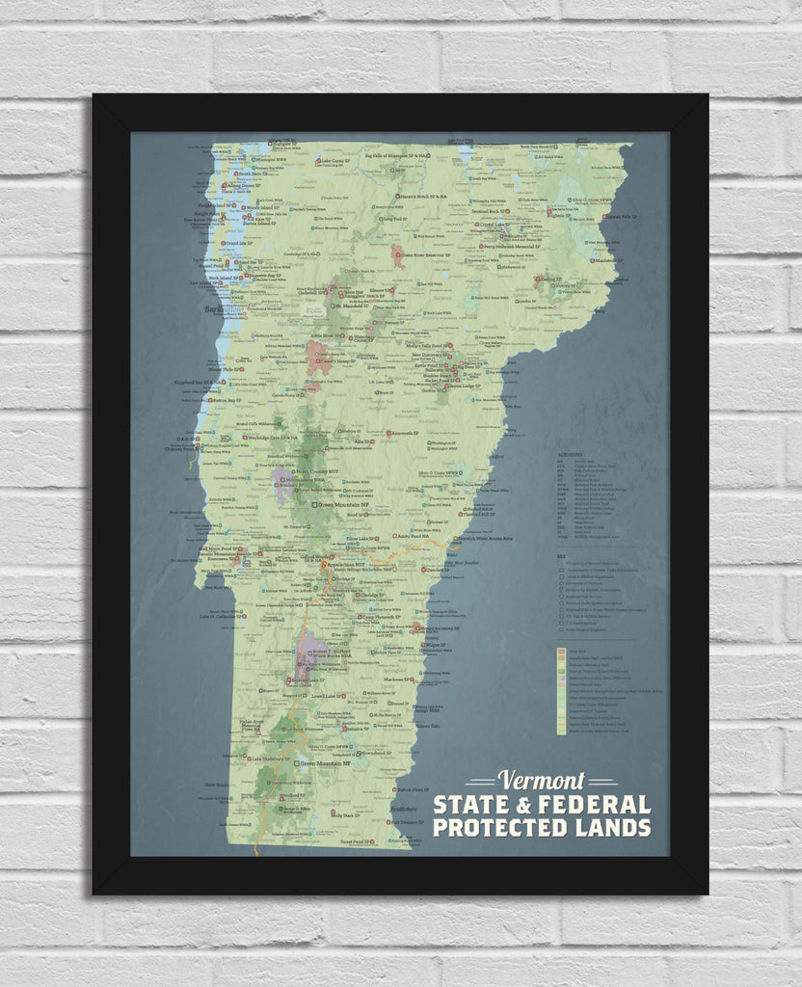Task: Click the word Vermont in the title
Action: pyautogui.click(x=542, y=780)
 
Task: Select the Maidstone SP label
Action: pyautogui.click(x=608, y=260)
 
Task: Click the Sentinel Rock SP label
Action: pyautogui.click(x=491, y=211)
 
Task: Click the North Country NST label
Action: pyautogui.click(x=317, y=471)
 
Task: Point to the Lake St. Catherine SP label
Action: pyautogui.click(x=224, y=616)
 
